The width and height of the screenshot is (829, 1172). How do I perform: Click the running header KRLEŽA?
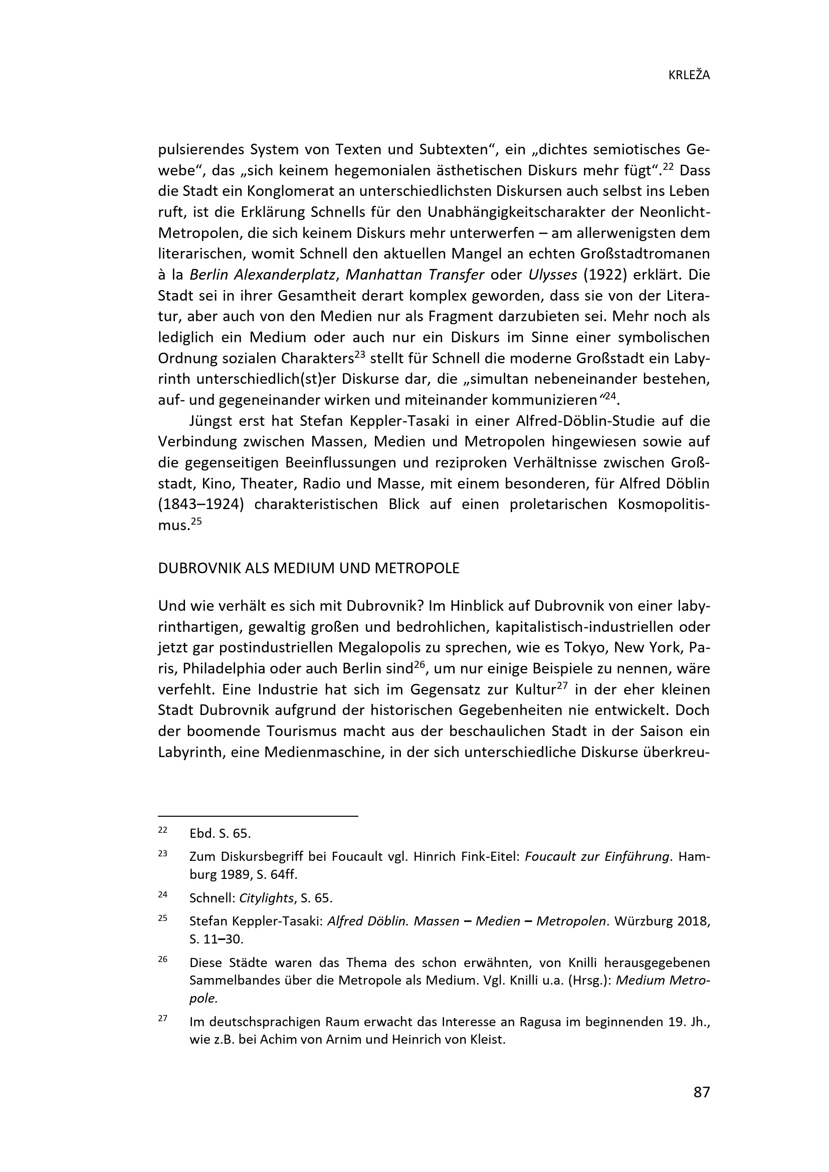coord(689,76)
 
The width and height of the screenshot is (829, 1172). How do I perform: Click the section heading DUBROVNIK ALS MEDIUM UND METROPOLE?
coord(309,568)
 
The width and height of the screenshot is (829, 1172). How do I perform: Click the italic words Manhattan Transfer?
coord(414,275)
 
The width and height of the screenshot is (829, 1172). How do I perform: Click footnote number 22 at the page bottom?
coord(163,830)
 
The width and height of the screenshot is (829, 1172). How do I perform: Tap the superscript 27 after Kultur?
coord(562,685)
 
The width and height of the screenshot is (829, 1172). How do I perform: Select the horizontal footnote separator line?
coord(258,816)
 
